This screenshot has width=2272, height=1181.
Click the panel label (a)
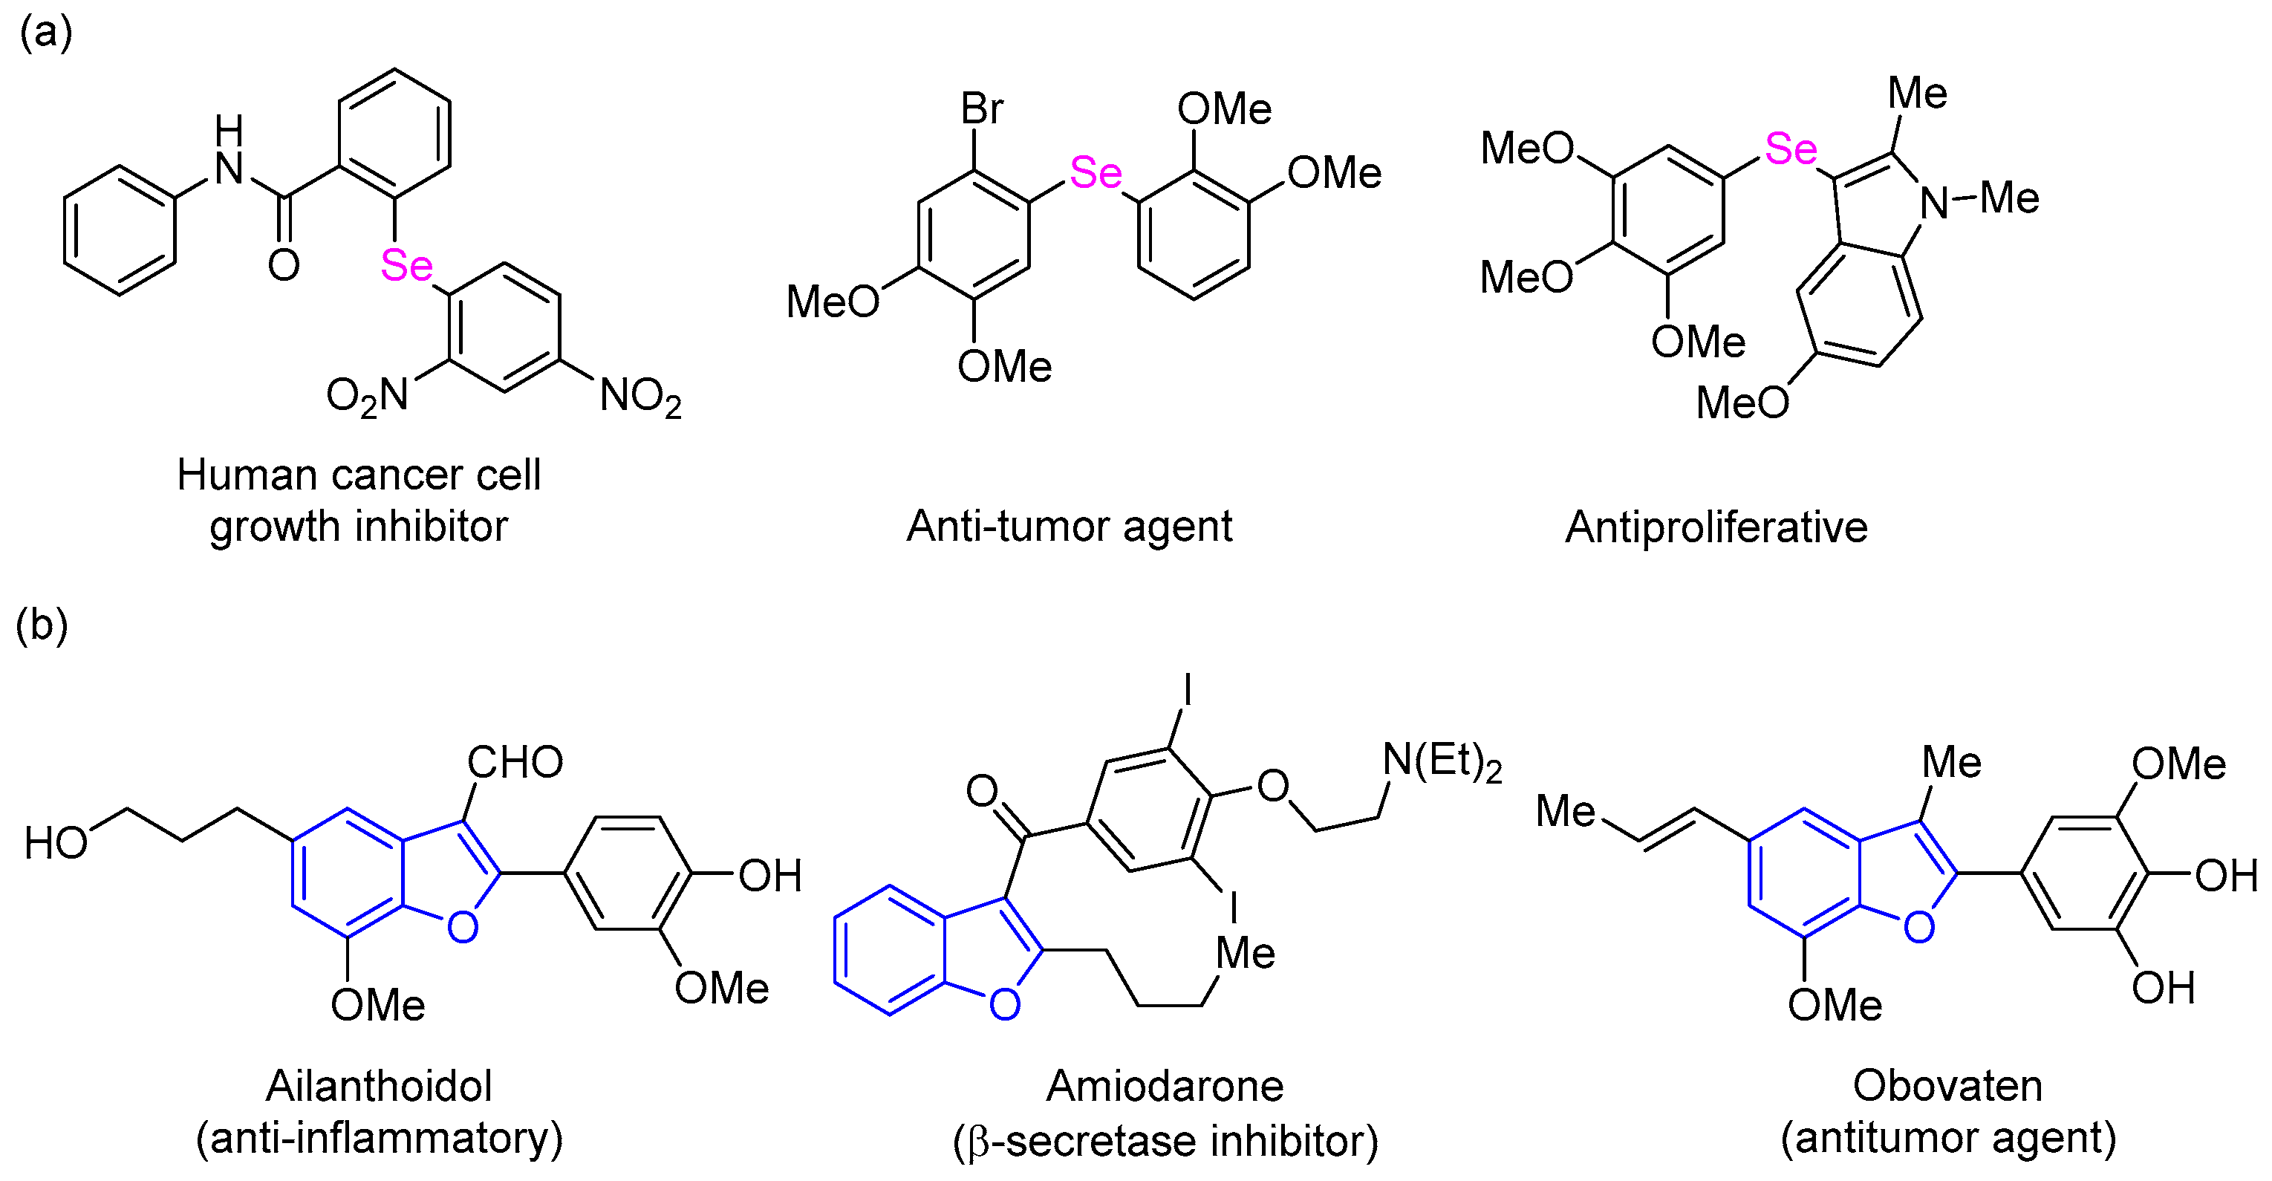[45, 33]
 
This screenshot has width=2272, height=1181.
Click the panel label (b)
[42, 625]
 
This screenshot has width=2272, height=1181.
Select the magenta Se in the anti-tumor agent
[1096, 173]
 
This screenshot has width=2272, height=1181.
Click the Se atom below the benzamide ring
[406, 265]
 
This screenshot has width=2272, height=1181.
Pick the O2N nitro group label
[367, 396]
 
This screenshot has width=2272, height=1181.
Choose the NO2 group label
[640, 396]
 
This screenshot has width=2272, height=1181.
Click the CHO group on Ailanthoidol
[515, 762]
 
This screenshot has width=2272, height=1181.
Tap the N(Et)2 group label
[1442, 762]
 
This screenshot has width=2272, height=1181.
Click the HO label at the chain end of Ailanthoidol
[56, 843]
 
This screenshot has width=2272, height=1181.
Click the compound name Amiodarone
[1165, 1086]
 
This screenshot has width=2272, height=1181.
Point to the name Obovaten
[1947, 1086]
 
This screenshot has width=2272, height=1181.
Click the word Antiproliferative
[1716, 527]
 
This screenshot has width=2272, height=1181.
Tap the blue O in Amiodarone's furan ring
[1005, 1003]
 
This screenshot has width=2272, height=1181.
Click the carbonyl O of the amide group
[284, 264]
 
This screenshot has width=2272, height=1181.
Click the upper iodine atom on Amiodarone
[1187, 689]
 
